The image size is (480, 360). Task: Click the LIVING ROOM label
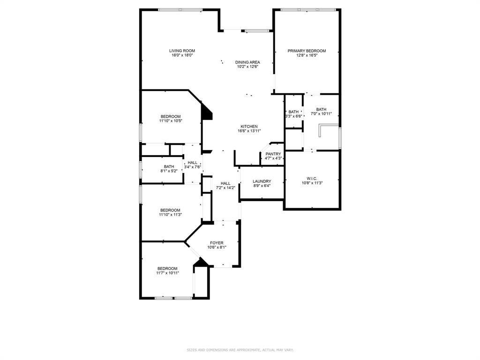click(182, 51)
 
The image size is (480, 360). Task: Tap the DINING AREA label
click(247, 62)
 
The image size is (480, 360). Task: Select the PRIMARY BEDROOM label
click(307, 51)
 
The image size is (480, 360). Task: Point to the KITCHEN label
click(249, 127)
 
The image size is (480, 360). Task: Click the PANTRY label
click(273, 154)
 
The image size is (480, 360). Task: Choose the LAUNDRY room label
click(262, 181)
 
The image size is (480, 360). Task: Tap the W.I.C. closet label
click(312, 178)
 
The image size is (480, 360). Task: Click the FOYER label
click(217, 243)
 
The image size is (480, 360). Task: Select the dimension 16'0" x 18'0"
click(182, 55)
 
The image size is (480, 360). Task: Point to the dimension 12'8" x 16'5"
click(307, 55)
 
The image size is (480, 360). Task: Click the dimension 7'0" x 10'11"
click(321, 113)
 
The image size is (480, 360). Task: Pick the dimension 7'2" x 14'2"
click(225, 187)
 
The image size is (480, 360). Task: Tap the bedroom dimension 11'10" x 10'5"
click(170, 121)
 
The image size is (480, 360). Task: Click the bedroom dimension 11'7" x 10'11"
click(167, 273)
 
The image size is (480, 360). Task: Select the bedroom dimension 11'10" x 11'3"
click(170, 215)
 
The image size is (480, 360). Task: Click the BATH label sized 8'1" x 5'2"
click(169, 166)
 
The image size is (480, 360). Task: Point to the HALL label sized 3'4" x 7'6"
click(193, 162)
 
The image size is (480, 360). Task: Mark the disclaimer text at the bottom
click(240, 350)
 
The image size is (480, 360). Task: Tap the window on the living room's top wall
click(180, 9)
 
